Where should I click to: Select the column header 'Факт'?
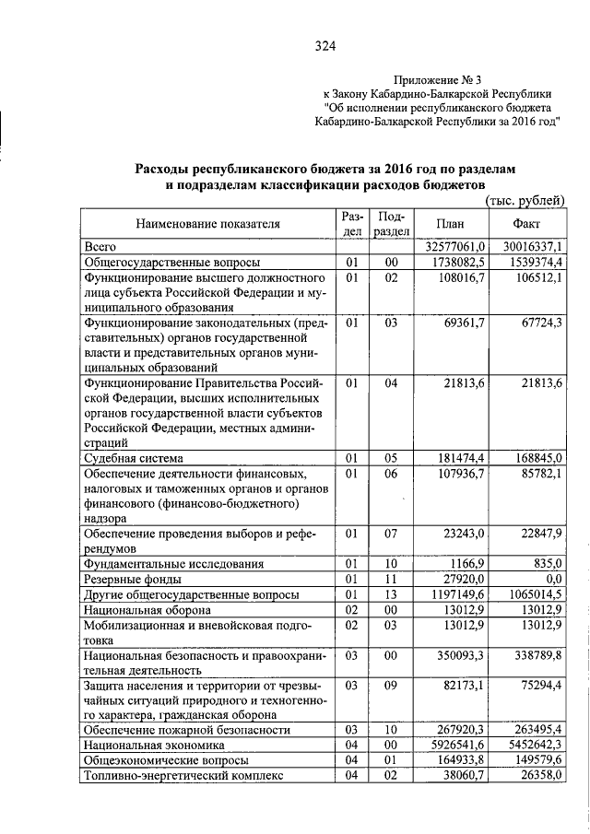(x=527, y=224)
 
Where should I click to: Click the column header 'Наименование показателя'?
(x=208, y=224)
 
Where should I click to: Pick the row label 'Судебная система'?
(x=134, y=458)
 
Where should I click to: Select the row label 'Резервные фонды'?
(x=132, y=580)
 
